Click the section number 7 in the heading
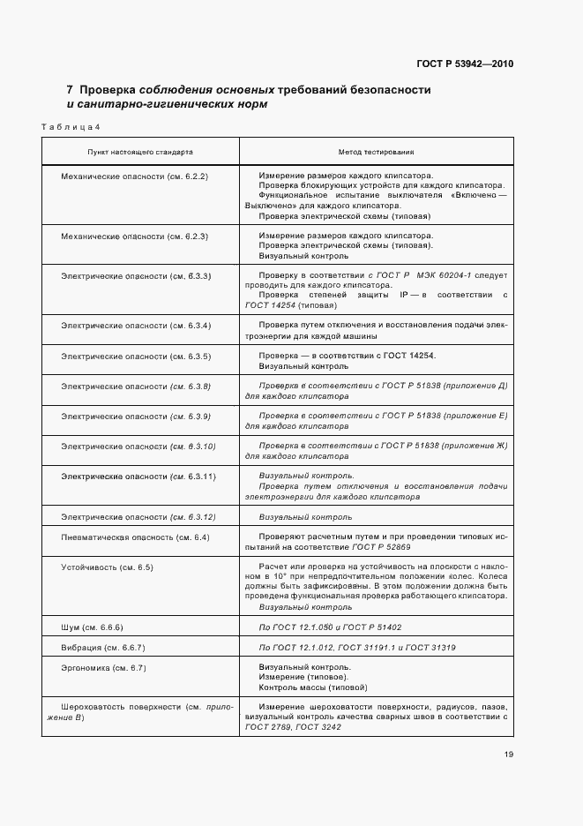pos(70,90)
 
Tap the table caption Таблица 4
pos(71,129)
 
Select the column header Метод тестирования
pos(377,153)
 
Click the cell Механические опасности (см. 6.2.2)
pos(134,176)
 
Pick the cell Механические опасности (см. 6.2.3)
pos(134,237)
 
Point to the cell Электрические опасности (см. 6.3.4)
pos(135,327)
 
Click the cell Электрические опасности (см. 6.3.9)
pos(135,416)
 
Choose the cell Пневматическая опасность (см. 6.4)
pos(134,537)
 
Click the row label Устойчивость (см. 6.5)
pos(107,567)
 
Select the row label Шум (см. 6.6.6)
pos(92,627)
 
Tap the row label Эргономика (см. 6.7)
pos(104,668)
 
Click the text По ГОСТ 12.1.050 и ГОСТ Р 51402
pos(330,627)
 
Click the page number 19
pos(510,755)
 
